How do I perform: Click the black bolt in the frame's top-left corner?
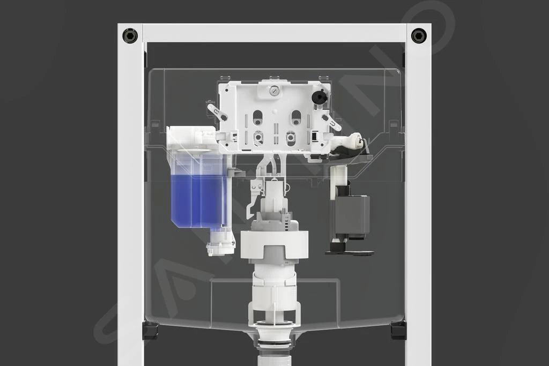[130, 36]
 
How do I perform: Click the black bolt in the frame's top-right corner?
[419, 36]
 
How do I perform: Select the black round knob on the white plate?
[320, 98]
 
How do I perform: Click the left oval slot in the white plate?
[258, 117]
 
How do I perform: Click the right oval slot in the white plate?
[296, 117]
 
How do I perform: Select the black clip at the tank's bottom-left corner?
[150, 330]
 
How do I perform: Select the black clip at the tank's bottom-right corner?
[398, 330]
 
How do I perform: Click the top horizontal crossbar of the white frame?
[274, 33]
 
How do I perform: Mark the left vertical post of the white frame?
[130, 204]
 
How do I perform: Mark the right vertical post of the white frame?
[418, 204]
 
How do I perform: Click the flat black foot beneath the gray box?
[350, 251]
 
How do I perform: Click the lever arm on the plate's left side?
[217, 113]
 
